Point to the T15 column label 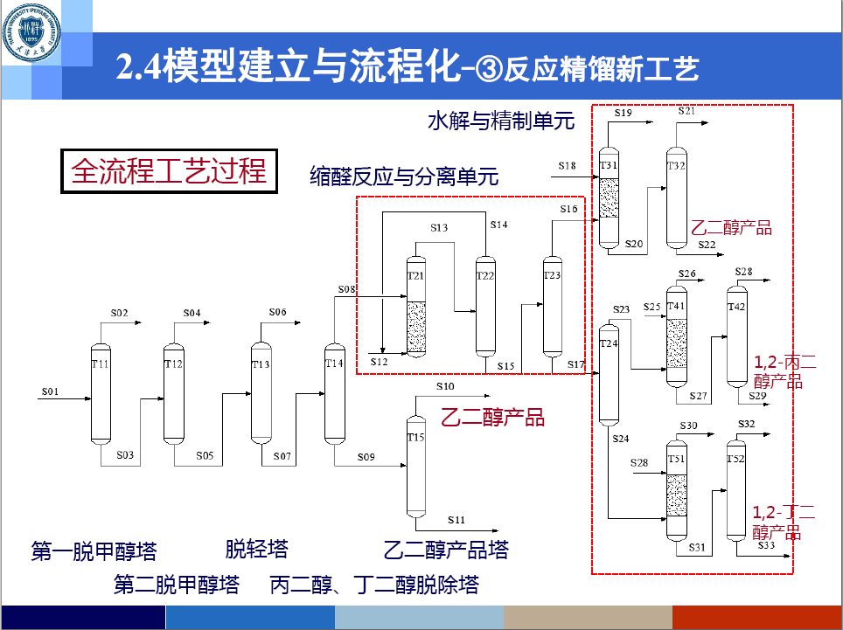coord(415,437)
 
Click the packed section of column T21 coord(416,326)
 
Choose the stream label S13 coord(439,227)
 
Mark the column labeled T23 coord(552,306)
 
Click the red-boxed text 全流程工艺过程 coord(170,170)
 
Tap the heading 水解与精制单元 coord(501,121)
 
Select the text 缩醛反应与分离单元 coord(404,177)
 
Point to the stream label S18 coord(568,165)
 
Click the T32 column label coord(676,165)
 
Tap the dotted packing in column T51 coord(676,495)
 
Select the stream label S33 coord(766,545)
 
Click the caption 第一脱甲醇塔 coord(94,551)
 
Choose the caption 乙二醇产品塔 coord(446,550)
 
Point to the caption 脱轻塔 coord(256,549)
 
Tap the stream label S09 coord(366,457)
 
